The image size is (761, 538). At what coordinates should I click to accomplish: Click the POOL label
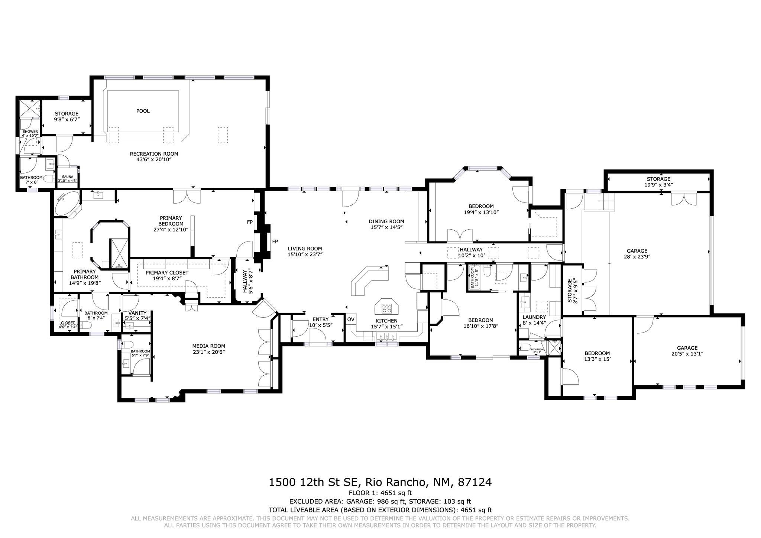coord(143,111)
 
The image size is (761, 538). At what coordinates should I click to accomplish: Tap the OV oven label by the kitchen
coord(350,320)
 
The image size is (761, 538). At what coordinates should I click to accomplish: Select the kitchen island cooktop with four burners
coord(387,308)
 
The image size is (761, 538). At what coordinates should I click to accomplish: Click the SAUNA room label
coord(68,177)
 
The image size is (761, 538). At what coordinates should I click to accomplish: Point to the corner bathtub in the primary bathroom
coord(67,204)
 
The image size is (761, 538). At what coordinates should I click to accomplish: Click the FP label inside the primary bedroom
coord(250,222)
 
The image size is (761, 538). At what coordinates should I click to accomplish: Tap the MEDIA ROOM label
coord(208,346)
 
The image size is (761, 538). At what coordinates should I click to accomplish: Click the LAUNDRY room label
coord(534,317)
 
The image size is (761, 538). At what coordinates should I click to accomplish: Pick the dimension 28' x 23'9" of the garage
coord(637,256)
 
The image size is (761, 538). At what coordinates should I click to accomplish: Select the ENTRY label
coord(320,319)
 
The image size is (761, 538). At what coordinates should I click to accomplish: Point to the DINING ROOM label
coord(386,221)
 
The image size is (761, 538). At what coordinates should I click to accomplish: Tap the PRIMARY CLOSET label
coord(167,273)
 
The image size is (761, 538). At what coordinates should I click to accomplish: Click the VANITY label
coord(137,313)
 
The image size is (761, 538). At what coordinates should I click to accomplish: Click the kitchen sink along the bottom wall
coord(387,337)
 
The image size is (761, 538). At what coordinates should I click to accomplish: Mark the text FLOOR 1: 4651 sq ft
coord(380,493)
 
